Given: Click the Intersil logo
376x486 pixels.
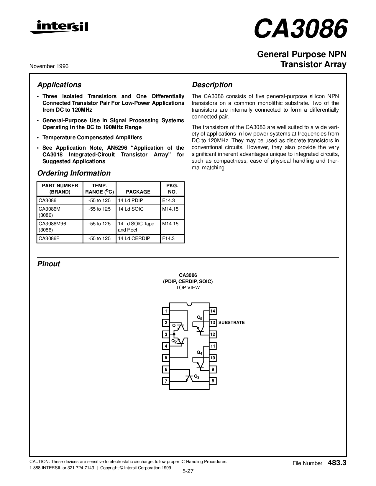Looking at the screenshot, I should (59, 27).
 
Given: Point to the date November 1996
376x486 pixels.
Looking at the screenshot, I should (49, 66).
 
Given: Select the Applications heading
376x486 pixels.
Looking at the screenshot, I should (59, 85).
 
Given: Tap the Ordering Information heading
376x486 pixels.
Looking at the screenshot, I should (74, 173).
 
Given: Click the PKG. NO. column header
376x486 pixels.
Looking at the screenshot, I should (172, 189).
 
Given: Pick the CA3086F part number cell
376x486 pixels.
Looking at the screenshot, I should (49, 238).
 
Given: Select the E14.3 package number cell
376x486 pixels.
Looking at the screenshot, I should (169, 200).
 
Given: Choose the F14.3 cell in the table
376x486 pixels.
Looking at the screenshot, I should (168, 238).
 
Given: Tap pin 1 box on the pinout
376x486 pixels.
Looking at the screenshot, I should (166, 311).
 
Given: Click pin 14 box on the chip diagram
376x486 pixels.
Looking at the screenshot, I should (213, 311).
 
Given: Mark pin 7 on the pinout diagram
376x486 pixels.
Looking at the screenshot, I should (166, 381).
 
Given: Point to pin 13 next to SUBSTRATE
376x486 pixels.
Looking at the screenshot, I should (213, 323).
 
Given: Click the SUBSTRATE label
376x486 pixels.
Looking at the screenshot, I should (231, 323).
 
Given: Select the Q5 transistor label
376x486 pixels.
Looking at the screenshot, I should (200, 318).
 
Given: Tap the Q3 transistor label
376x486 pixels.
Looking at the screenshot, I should (197, 377).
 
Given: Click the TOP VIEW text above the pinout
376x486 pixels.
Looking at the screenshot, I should (188, 287).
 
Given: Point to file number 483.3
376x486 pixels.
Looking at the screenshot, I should (337, 463).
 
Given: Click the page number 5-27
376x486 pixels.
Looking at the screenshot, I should (188, 471).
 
